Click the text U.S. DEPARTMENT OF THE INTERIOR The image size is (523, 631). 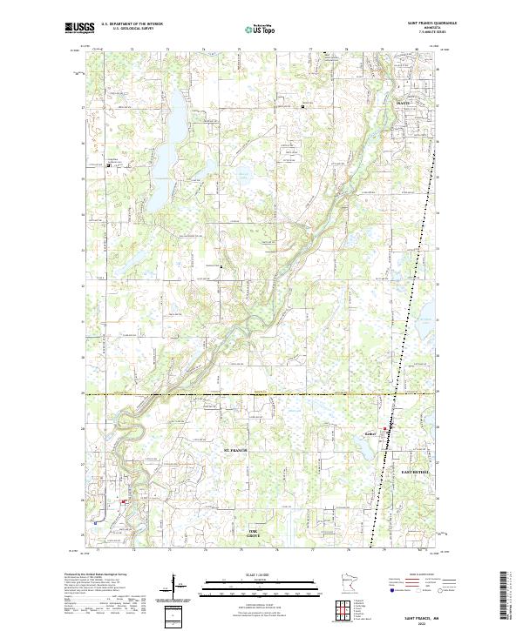coord(132,23)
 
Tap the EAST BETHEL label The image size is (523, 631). coord(415,471)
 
